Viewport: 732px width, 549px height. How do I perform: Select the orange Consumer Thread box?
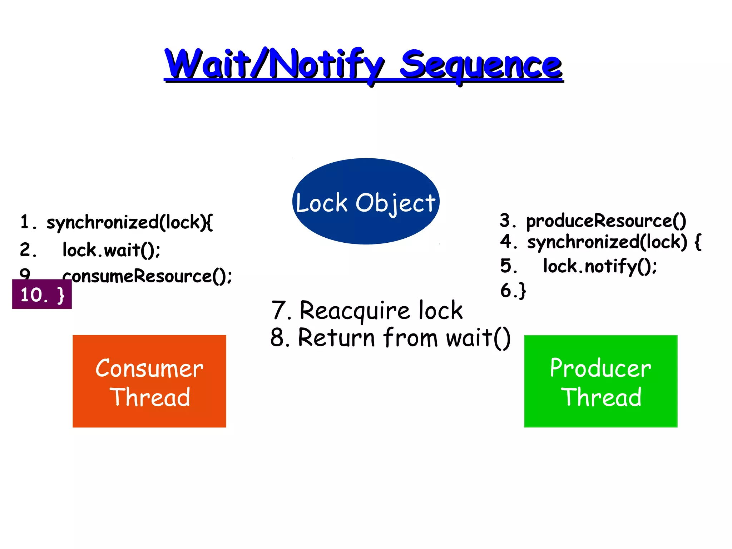click(x=149, y=415)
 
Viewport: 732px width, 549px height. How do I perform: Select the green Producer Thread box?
click(x=600, y=415)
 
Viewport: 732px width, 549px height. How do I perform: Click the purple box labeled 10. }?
click(x=42, y=295)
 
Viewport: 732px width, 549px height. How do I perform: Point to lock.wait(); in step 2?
click(x=111, y=250)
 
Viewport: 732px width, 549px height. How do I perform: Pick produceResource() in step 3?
click(x=606, y=221)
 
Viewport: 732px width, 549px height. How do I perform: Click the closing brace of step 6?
click(x=522, y=290)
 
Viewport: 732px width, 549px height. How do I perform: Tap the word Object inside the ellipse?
click(x=395, y=203)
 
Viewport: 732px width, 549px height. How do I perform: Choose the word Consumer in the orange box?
click(x=149, y=369)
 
